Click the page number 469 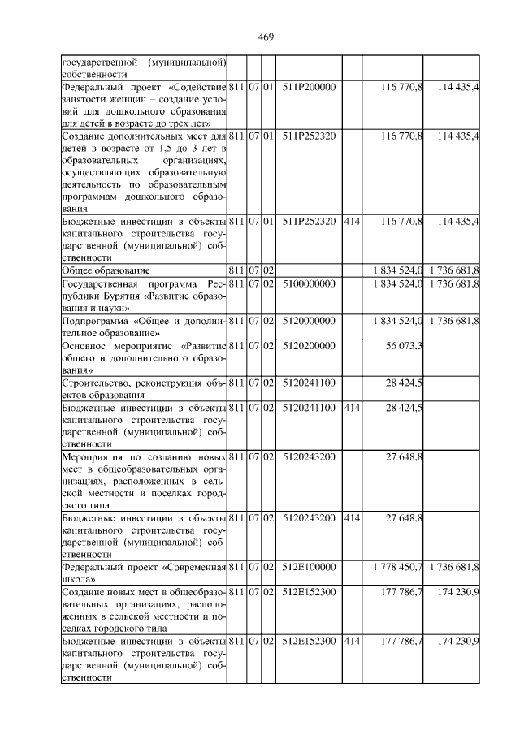point(266,37)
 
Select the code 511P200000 point(309,86)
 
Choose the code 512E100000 point(309,566)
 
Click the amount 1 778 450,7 point(393,566)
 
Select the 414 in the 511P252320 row point(351,221)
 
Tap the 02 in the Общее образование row point(268,269)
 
